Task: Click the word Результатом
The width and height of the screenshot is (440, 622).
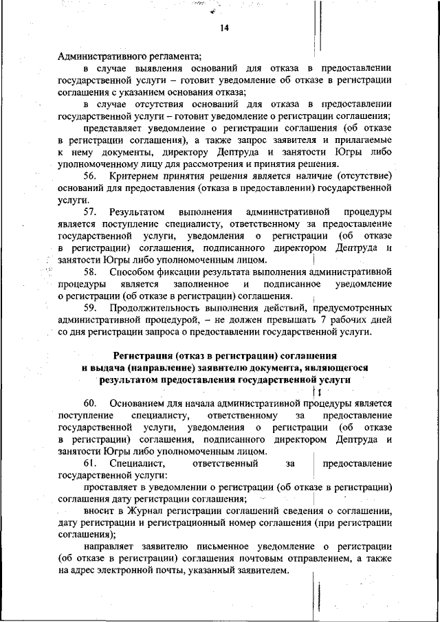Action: (x=136, y=212)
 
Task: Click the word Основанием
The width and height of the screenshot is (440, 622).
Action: (x=139, y=403)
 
